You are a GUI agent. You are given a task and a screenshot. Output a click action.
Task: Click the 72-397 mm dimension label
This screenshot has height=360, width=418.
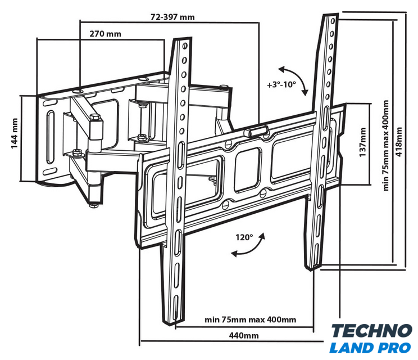[x=172, y=17]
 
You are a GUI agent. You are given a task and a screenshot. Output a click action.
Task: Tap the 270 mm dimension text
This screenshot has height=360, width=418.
[x=105, y=34]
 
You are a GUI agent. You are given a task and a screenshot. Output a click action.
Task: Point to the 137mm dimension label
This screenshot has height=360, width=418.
[x=363, y=142]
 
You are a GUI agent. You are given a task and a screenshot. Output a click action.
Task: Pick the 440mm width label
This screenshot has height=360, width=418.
[x=243, y=335]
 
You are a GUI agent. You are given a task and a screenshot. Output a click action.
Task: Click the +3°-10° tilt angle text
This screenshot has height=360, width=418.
[x=281, y=84]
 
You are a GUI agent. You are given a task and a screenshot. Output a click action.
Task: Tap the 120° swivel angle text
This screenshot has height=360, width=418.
[x=244, y=237]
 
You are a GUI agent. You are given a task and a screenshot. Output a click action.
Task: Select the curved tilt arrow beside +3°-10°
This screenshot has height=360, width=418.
[x=294, y=79]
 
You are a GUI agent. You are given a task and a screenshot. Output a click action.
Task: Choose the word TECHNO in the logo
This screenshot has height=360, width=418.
[x=371, y=331]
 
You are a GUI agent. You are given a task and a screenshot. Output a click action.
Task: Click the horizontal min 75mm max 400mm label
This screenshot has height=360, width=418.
[x=250, y=320]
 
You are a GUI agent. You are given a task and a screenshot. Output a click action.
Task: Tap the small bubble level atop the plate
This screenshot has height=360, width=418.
[x=255, y=130]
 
